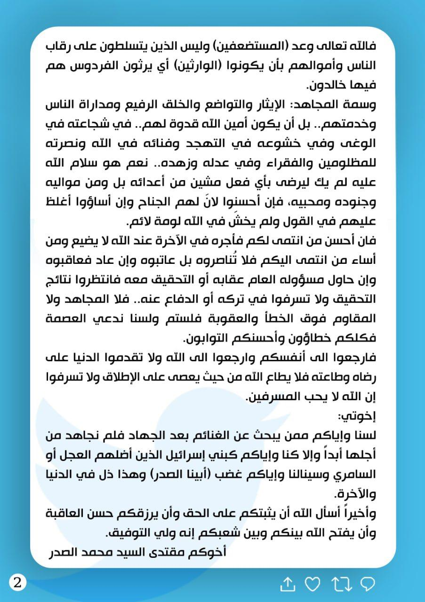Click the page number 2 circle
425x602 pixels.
17,583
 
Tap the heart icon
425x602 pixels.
312,584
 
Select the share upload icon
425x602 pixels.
288,584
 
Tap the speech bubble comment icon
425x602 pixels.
367,584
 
